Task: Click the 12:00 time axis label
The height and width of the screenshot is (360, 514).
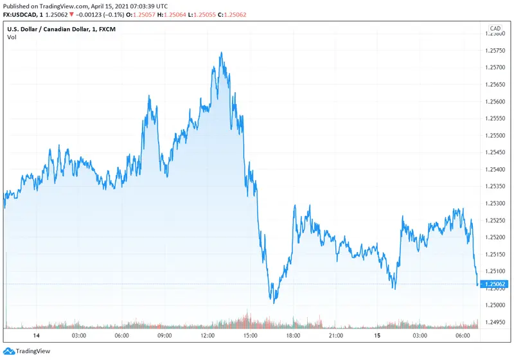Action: tap(208, 336)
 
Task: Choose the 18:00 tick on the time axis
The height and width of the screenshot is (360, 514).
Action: tap(294, 336)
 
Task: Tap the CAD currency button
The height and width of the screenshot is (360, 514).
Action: tap(495, 28)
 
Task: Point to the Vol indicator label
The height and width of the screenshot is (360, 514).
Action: tap(12, 37)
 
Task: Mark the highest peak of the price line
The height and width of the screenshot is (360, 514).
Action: tap(221, 53)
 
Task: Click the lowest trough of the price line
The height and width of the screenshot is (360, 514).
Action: tap(274, 303)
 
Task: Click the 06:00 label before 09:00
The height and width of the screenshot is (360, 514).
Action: tap(121, 336)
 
